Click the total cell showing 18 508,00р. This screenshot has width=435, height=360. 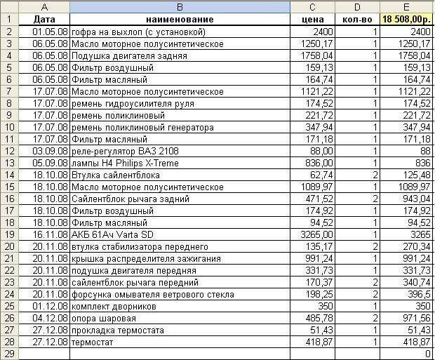point(407,20)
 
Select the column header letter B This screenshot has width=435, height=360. point(180,7)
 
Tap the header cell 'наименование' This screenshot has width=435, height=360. point(180,20)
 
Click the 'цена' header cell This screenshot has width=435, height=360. point(312,20)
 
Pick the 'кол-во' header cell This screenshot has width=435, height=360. point(357,20)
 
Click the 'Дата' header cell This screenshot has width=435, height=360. point(44,20)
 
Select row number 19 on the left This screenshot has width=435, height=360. point(9,234)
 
